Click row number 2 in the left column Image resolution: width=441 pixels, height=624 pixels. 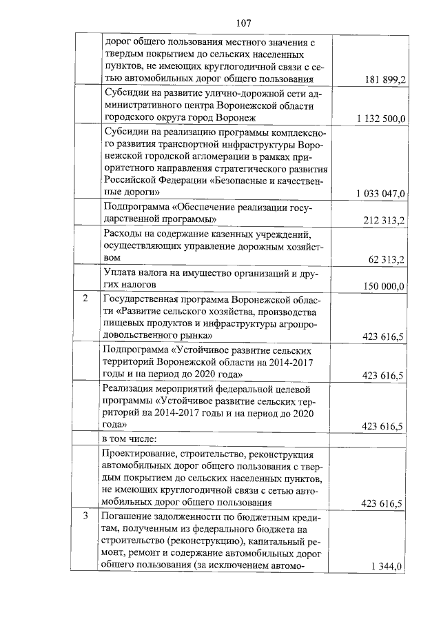tap(85, 299)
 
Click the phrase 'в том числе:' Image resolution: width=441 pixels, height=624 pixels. tap(130, 438)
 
